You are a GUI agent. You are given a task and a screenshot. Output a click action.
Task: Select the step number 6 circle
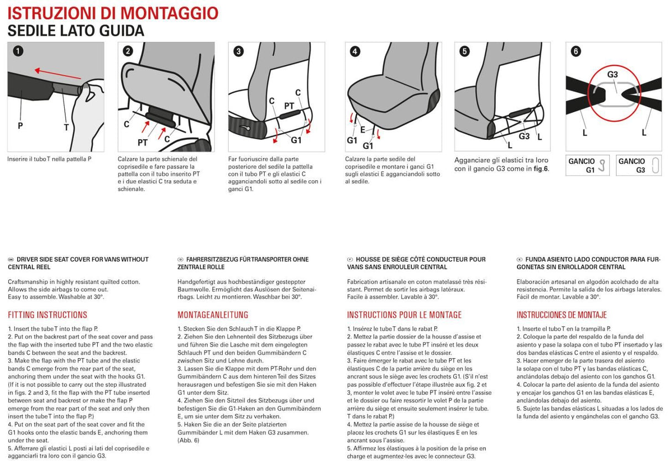575,51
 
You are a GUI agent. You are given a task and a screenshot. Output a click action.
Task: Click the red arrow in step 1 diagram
55,73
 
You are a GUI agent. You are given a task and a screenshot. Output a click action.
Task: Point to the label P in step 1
20,125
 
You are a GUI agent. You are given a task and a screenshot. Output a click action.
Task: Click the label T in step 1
66,127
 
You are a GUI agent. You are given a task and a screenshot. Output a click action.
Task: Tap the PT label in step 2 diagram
143,142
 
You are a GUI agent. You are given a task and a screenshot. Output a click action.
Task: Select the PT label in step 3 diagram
289,106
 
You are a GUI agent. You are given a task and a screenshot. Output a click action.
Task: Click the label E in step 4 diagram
363,130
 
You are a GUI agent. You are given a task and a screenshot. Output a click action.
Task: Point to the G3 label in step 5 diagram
524,136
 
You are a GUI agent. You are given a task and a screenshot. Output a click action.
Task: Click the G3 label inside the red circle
612,75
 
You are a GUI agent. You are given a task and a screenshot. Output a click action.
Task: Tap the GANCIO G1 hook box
587,165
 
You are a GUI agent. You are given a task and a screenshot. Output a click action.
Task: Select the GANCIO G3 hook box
639,165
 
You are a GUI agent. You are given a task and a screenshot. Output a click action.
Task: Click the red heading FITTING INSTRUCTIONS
48,315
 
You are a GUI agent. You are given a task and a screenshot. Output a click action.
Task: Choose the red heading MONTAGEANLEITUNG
213,315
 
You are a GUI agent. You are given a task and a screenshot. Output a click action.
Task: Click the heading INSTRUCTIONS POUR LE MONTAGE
404,315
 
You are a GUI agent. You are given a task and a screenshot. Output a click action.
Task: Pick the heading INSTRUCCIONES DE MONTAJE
562,315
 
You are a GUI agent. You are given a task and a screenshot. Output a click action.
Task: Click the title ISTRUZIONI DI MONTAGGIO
113,13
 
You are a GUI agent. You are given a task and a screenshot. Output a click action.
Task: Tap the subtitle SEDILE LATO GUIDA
76,31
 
